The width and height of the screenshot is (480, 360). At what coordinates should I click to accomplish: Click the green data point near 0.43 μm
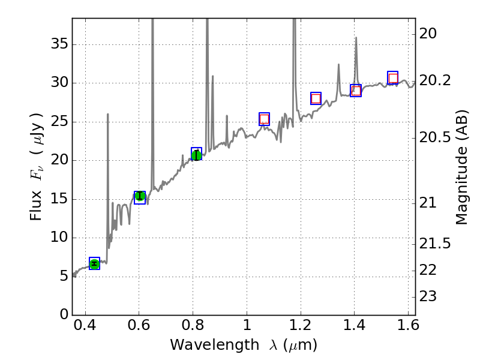coord(94,263)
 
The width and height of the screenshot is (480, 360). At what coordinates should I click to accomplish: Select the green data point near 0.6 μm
coord(140,196)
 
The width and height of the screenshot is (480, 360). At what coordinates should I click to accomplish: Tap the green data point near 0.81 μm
coord(196,155)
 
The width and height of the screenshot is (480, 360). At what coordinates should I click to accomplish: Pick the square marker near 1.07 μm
coord(264,119)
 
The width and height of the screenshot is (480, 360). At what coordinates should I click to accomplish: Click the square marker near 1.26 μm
coord(316,98)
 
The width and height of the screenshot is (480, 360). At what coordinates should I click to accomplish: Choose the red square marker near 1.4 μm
coord(356,91)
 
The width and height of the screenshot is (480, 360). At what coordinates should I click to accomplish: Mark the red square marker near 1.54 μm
coord(393,78)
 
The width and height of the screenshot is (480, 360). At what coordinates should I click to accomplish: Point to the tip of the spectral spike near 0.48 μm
coord(108,114)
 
